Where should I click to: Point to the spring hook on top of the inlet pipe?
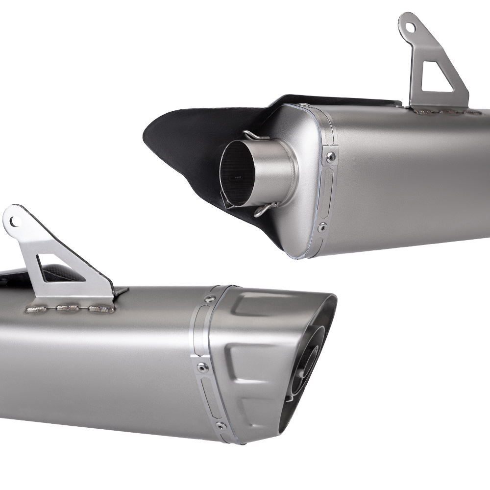click(256, 135)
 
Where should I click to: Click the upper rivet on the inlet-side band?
click(331, 156)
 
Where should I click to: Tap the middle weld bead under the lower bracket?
click(68, 308)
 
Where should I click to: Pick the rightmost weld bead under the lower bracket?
click(100, 309)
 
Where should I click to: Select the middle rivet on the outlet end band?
click(201, 366)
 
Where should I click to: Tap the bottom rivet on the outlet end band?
click(221, 425)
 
